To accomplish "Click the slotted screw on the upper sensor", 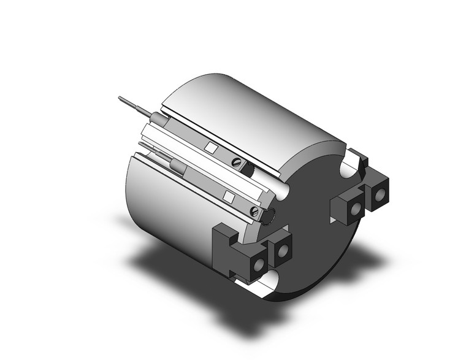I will coord(237,163).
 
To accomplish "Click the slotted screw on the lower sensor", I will coord(254,212).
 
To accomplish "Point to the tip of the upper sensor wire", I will coord(119,98).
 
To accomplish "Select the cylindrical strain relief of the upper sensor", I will coord(156,117).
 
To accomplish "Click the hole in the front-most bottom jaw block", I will coord(259,263).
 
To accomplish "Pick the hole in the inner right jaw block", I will coord(355,210).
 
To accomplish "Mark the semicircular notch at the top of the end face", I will coord(350,161).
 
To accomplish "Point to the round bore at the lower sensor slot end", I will coord(269,214).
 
